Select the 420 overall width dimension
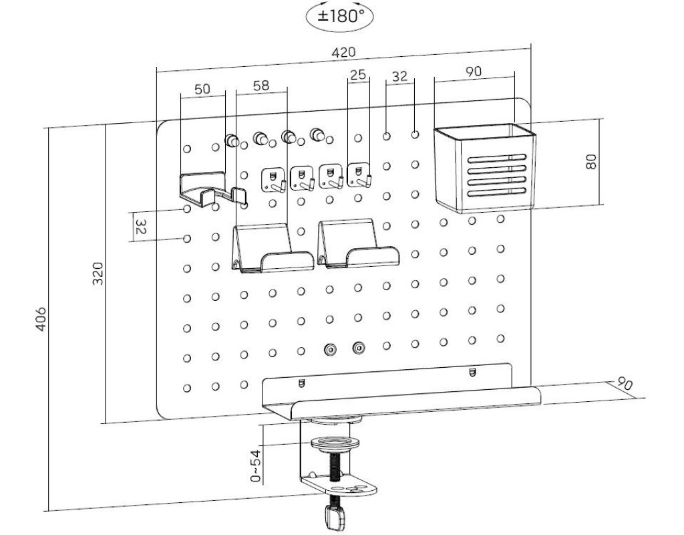(345, 52)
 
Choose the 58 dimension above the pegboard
(261, 86)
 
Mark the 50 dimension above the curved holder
(202, 89)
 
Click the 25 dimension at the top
(359, 75)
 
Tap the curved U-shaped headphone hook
(212, 187)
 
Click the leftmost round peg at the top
(232, 140)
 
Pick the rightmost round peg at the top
(318, 136)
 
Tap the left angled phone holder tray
(271, 249)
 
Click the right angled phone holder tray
(356, 244)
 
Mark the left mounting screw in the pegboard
(329, 348)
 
